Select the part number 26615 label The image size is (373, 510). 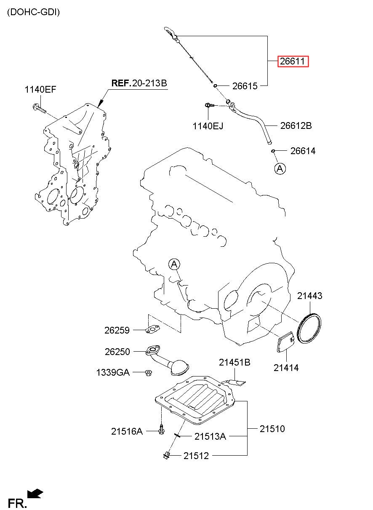click(245, 86)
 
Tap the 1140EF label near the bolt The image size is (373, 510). click(40, 89)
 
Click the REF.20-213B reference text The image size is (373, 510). click(139, 83)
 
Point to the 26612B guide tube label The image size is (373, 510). click(296, 125)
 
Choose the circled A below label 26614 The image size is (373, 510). click(280, 168)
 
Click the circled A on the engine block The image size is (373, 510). click(174, 264)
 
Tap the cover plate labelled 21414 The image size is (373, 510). click(288, 342)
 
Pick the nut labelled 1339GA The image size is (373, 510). click(149, 372)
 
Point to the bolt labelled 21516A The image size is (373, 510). click(162, 430)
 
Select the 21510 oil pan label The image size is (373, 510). click(272, 429)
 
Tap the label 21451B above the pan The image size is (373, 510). click(234, 362)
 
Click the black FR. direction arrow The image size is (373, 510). click(35, 494)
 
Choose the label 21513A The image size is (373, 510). click(210, 437)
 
